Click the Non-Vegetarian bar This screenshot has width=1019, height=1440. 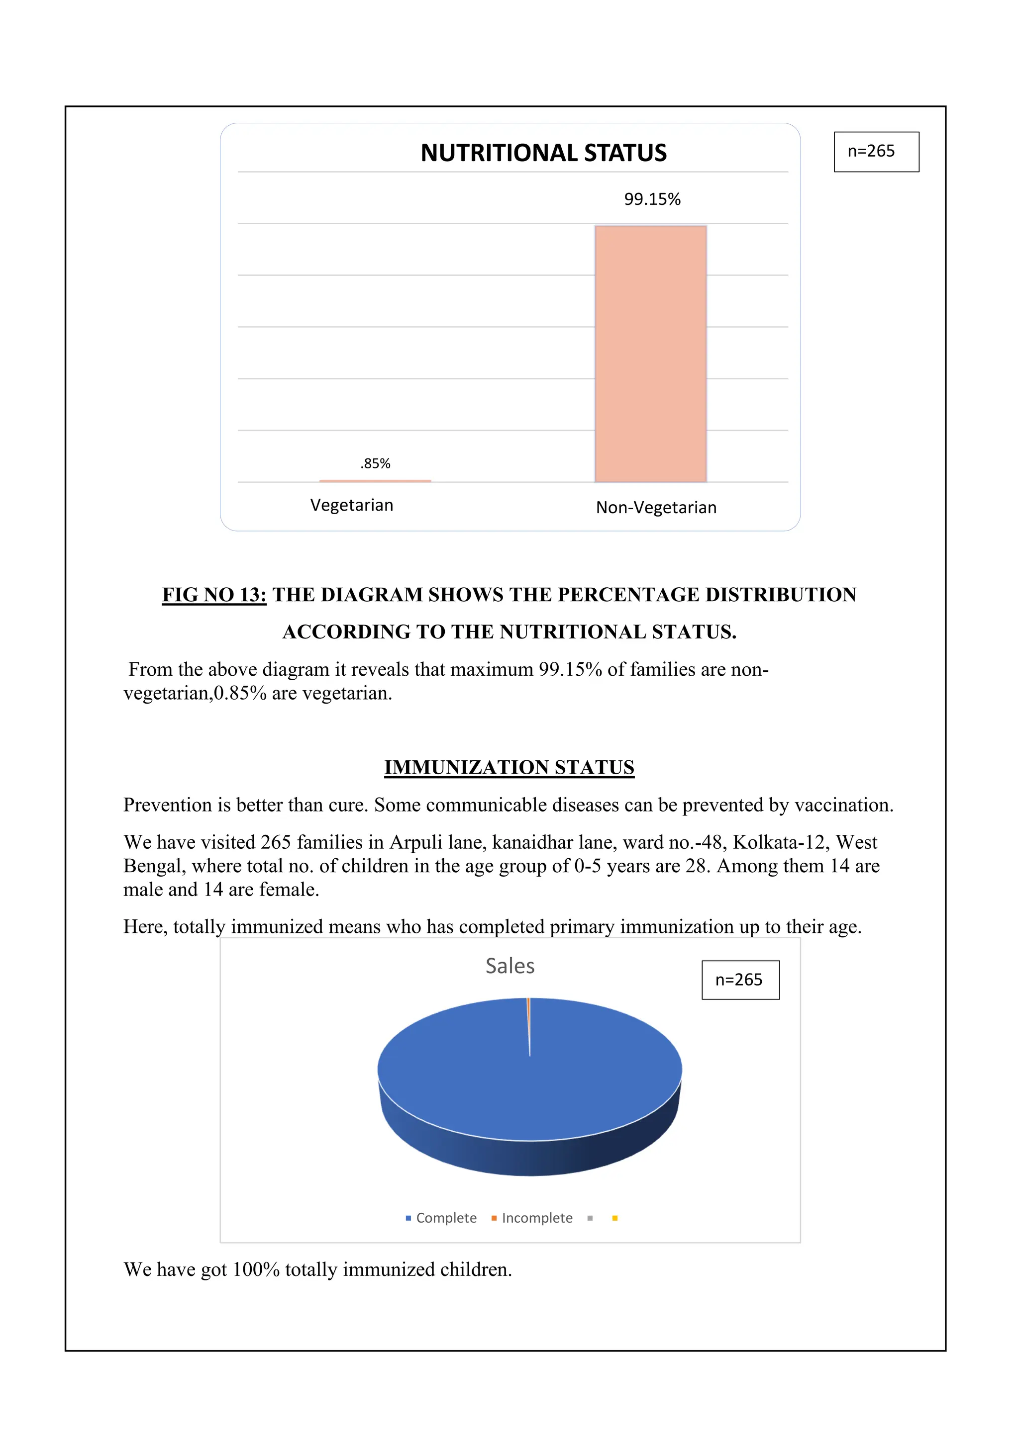(x=651, y=355)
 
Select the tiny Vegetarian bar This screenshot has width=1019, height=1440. (x=375, y=481)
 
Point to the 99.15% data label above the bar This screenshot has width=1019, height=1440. (x=652, y=199)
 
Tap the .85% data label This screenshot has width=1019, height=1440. (x=375, y=463)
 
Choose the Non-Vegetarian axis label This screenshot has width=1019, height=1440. (x=656, y=507)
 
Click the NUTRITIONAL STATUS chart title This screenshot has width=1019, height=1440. (x=543, y=153)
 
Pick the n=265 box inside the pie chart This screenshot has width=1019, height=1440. (x=740, y=980)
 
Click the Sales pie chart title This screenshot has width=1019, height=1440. (x=510, y=966)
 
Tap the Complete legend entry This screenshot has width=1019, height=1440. (x=441, y=1218)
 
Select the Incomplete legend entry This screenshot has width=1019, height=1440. (x=532, y=1218)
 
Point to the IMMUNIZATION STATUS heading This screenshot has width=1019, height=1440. (x=509, y=767)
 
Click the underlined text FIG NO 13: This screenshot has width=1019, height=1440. (x=214, y=595)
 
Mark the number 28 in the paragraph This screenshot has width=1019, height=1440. (x=696, y=866)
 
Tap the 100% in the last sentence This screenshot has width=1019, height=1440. (x=255, y=1269)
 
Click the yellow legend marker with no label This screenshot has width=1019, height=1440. (x=615, y=1218)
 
